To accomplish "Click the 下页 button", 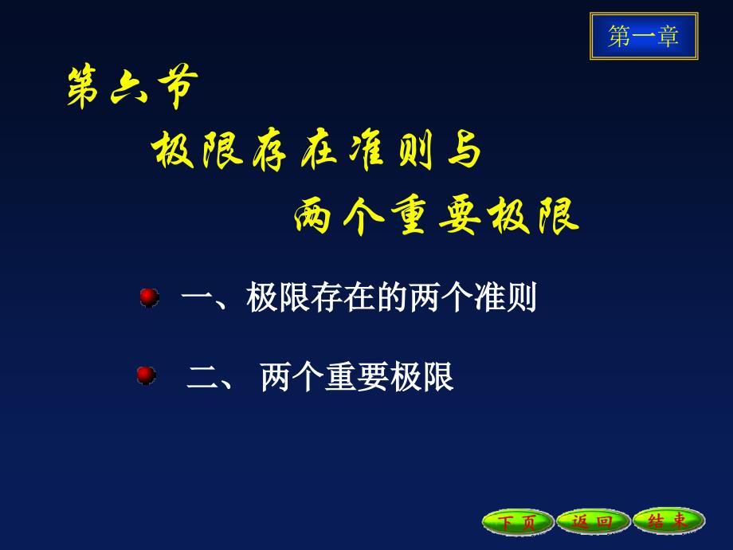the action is click(518, 521).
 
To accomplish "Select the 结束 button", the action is click(668, 521).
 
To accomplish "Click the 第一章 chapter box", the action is click(644, 36).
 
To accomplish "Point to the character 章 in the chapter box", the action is click(668, 36).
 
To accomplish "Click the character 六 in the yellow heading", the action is click(128, 88).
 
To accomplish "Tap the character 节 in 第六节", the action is click(178, 88).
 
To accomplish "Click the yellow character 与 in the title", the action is click(464, 150).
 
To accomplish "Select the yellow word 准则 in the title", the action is click(392, 150).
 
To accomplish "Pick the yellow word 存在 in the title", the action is click(295, 150).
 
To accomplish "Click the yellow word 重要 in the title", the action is click(436, 216).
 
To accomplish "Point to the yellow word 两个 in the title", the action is click(339, 216).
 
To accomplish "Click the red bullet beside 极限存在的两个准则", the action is click(150, 297).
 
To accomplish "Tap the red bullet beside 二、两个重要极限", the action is click(147, 375).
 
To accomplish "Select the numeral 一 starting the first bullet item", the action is click(197, 297).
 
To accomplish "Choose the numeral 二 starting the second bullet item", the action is click(202, 377).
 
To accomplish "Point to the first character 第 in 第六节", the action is click(83, 88).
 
